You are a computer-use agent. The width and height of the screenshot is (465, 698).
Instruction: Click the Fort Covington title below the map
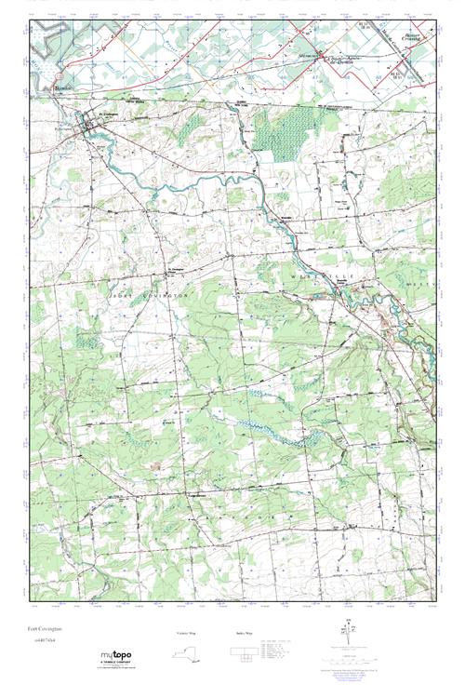[x=46, y=638]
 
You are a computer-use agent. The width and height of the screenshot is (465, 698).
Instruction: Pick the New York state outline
[x=189, y=653]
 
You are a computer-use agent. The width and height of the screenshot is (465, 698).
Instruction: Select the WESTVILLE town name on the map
[x=310, y=278]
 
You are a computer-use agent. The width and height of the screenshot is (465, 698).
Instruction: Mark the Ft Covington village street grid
[x=94, y=130]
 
